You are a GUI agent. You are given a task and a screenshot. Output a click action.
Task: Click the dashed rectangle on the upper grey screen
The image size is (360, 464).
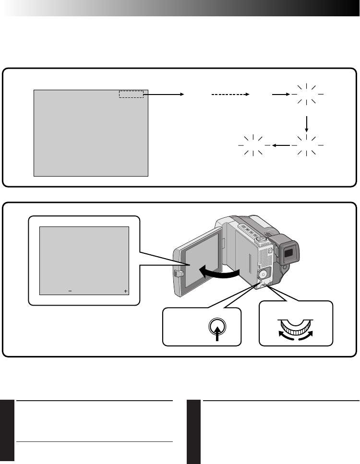click(x=132, y=94)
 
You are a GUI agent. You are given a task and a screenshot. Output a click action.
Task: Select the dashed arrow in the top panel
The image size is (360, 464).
click(x=231, y=95)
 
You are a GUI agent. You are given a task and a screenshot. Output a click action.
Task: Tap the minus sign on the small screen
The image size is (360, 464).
click(x=70, y=291)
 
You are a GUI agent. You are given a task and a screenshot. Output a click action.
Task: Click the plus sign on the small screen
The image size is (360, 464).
click(x=125, y=291)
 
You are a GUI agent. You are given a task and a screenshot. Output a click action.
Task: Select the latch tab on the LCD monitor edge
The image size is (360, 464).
click(x=178, y=274)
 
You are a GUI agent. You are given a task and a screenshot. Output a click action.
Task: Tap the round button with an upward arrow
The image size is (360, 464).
click(x=218, y=328)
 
